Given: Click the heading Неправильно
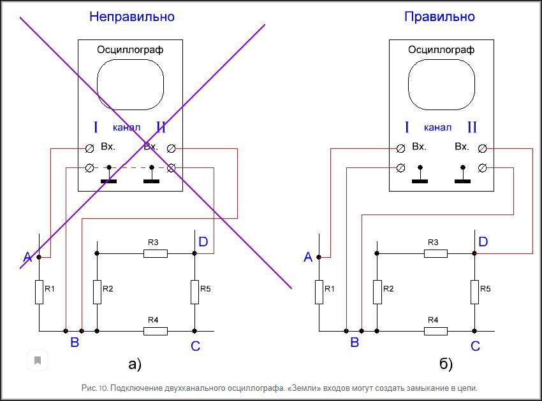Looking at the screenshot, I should pyautogui.click(x=131, y=17).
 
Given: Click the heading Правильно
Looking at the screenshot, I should pyautogui.click(x=439, y=17).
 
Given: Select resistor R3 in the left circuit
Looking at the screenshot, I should pyautogui.click(x=156, y=253).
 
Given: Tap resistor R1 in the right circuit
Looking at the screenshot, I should pyautogui.click(x=319, y=292).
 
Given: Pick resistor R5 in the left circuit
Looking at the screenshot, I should pyautogui.click(x=194, y=292).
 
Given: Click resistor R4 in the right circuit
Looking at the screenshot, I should pyautogui.click(x=436, y=331).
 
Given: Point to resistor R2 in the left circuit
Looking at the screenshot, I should pyautogui.click(x=97, y=292).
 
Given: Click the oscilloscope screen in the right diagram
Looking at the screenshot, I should pyautogui.click(x=441, y=85).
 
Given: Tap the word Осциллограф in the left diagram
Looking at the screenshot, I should pyautogui.click(x=130, y=50).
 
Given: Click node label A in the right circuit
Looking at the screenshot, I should pyautogui.click(x=308, y=257).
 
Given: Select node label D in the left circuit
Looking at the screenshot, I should pyautogui.click(x=203, y=242).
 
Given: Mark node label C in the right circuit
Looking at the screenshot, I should pyautogui.click(x=475, y=346).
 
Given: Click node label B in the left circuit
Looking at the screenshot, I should pyautogui.click(x=75, y=342).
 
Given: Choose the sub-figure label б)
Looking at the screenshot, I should pyautogui.click(x=446, y=364).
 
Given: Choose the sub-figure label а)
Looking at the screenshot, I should pyautogui.click(x=135, y=364).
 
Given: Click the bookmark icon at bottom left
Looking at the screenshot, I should pyautogui.click(x=38, y=360).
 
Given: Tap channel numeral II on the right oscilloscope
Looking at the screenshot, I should pyautogui.click(x=472, y=127).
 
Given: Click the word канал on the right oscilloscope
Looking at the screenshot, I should pyautogui.click(x=437, y=127).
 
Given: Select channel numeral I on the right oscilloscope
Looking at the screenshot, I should pyautogui.click(x=407, y=127).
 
